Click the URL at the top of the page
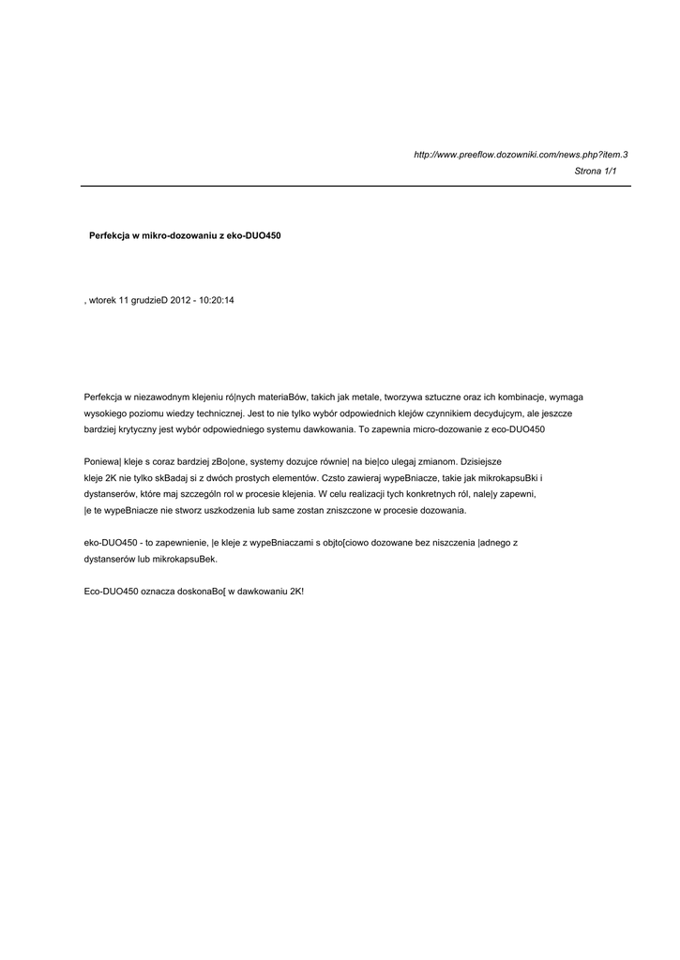(521, 154)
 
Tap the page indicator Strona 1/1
(596, 172)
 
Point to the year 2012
(180, 300)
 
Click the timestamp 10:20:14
(217, 300)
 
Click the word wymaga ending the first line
(566, 397)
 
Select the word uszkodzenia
(230, 510)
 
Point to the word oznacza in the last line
(155, 592)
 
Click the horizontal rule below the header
(355, 187)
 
